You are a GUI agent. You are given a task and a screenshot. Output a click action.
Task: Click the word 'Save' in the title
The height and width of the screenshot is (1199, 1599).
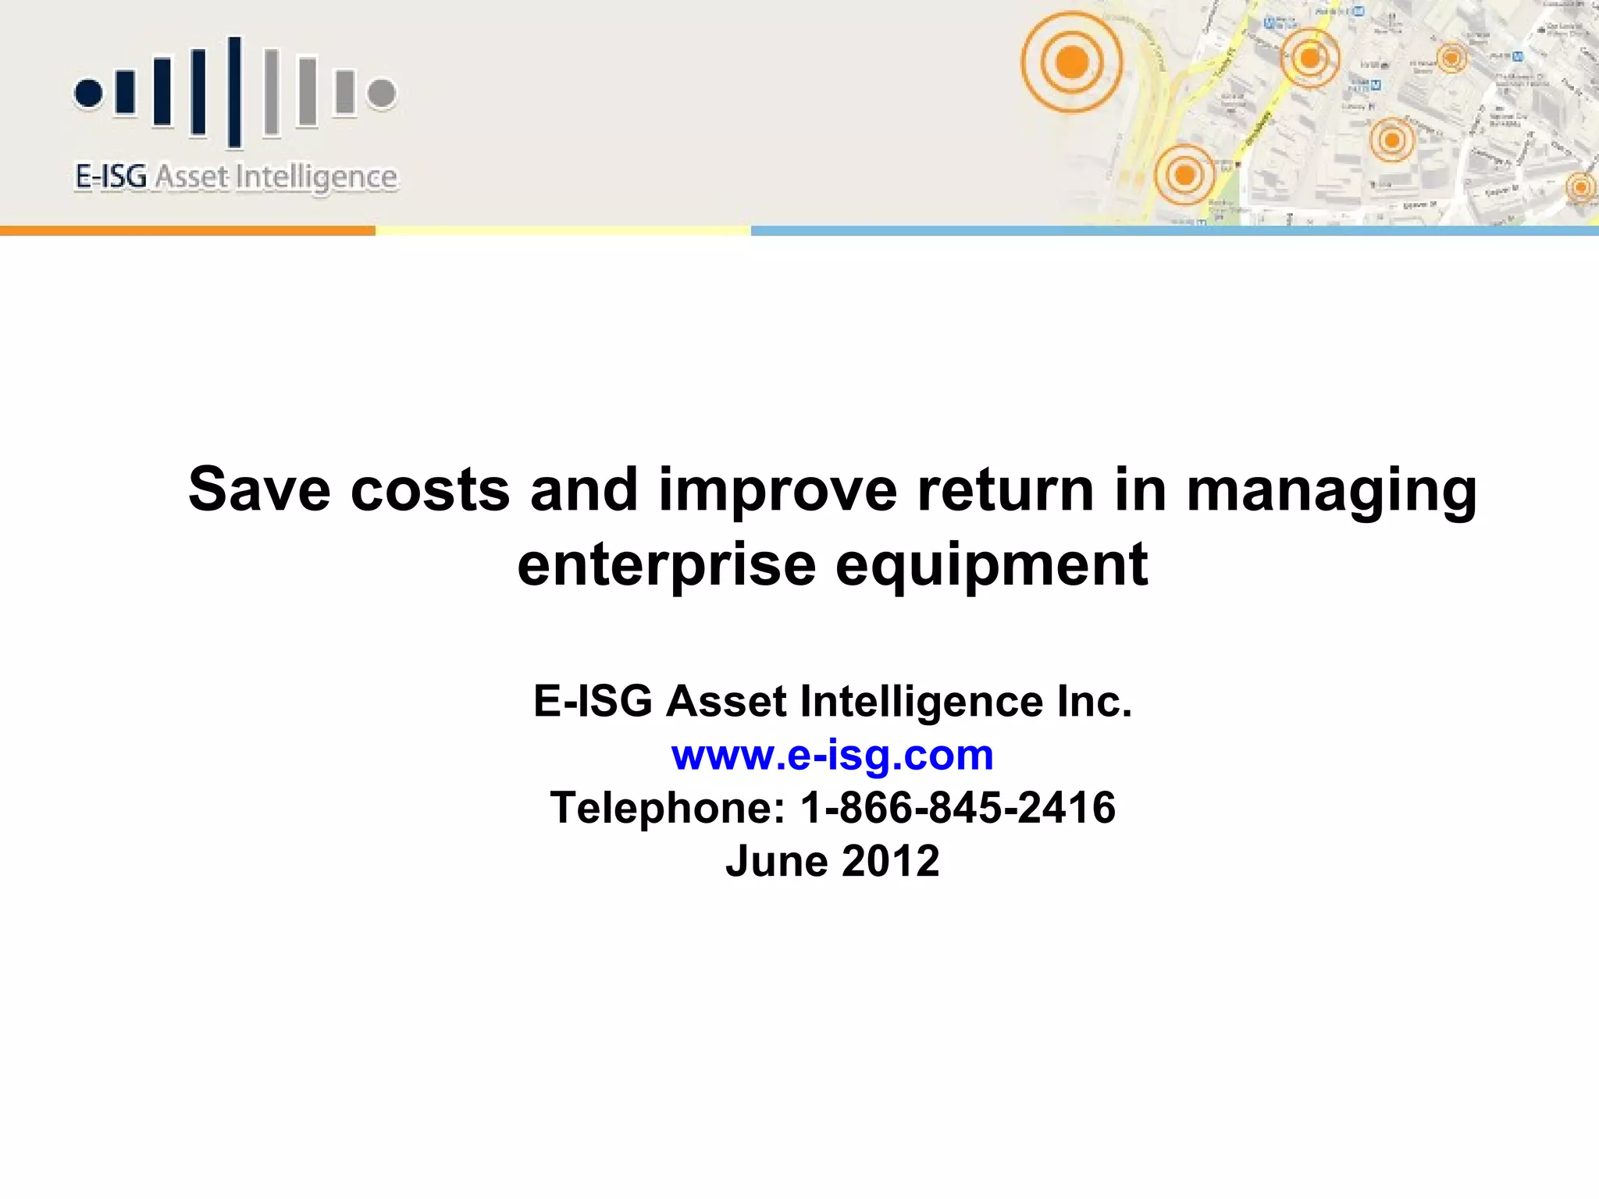[x=259, y=489]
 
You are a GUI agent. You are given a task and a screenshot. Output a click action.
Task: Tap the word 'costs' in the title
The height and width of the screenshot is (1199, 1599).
[x=430, y=489]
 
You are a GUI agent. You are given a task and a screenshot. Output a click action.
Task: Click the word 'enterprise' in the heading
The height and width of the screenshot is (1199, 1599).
[x=666, y=566]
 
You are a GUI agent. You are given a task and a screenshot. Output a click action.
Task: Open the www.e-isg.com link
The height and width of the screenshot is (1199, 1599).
[x=832, y=756]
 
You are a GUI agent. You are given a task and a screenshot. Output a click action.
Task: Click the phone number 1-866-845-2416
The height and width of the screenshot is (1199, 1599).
[x=958, y=807]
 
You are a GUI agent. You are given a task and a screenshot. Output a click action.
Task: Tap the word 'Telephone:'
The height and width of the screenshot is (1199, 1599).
[x=668, y=809]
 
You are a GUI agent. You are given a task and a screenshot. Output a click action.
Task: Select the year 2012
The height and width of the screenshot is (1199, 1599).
[x=891, y=861]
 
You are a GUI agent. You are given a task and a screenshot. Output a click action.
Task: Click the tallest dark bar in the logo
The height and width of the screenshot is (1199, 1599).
[x=234, y=91]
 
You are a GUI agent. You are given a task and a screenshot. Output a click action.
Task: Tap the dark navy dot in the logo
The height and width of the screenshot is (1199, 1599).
[x=89, y=93]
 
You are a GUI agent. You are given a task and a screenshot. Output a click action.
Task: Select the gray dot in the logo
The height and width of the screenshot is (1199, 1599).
[x=382, y=93]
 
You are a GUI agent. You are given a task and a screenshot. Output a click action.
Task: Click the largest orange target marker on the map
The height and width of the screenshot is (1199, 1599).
[x=1072, y=62]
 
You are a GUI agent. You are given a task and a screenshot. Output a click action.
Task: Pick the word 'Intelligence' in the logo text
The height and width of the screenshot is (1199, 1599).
[x=316, y=178]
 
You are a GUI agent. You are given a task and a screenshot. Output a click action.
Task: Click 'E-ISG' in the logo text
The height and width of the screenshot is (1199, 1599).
[x=111, y=176]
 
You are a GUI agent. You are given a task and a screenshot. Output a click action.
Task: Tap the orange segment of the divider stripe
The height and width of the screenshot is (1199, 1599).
[x=187, y=230]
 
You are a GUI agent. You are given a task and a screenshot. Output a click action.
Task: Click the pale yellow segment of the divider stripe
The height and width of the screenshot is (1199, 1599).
[x=563, y=230]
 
